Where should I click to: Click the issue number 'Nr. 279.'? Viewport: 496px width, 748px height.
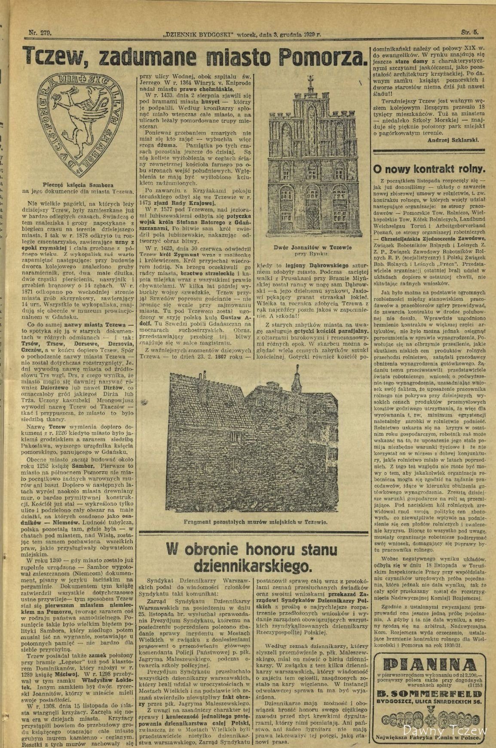40,32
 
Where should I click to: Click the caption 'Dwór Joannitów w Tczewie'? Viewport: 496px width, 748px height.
312,247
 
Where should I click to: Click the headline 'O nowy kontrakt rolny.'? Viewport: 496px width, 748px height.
429,168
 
